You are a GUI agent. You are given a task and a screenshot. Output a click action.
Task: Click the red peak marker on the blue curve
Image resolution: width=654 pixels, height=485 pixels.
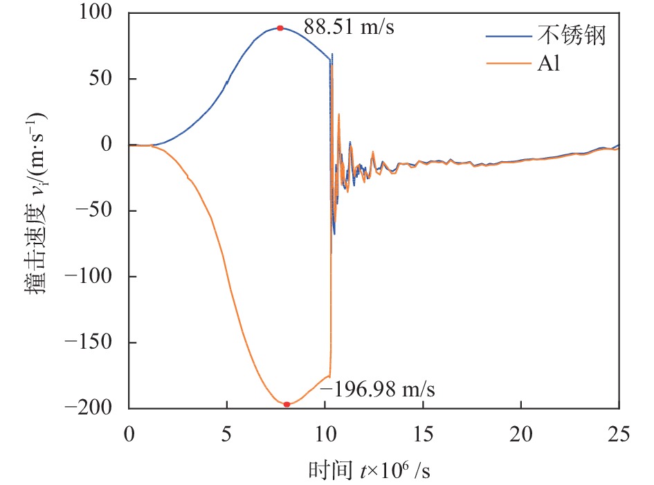click(280, 28)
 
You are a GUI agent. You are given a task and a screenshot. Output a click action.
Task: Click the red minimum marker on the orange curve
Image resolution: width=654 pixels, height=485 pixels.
click(287, 404)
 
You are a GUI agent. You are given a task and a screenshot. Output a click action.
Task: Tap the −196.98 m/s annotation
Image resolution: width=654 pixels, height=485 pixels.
click(377, 389)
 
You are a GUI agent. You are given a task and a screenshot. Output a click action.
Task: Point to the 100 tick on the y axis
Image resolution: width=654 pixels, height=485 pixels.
click(99, 13)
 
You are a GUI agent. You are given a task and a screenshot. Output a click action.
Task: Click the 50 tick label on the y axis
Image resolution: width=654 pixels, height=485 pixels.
click(106, 79)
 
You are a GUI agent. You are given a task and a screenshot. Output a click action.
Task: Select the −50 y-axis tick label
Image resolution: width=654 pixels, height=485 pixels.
click(96, 211)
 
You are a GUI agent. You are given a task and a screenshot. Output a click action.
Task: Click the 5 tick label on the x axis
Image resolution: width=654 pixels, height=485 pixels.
click(227, 434)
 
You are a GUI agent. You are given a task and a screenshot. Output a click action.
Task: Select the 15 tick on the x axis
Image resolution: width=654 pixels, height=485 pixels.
click(423, 434)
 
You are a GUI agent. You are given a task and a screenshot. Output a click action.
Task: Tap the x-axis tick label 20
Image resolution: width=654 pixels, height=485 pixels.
click(521, 434)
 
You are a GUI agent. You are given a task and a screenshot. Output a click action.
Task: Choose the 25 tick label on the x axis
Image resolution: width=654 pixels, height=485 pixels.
click(619, 434)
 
